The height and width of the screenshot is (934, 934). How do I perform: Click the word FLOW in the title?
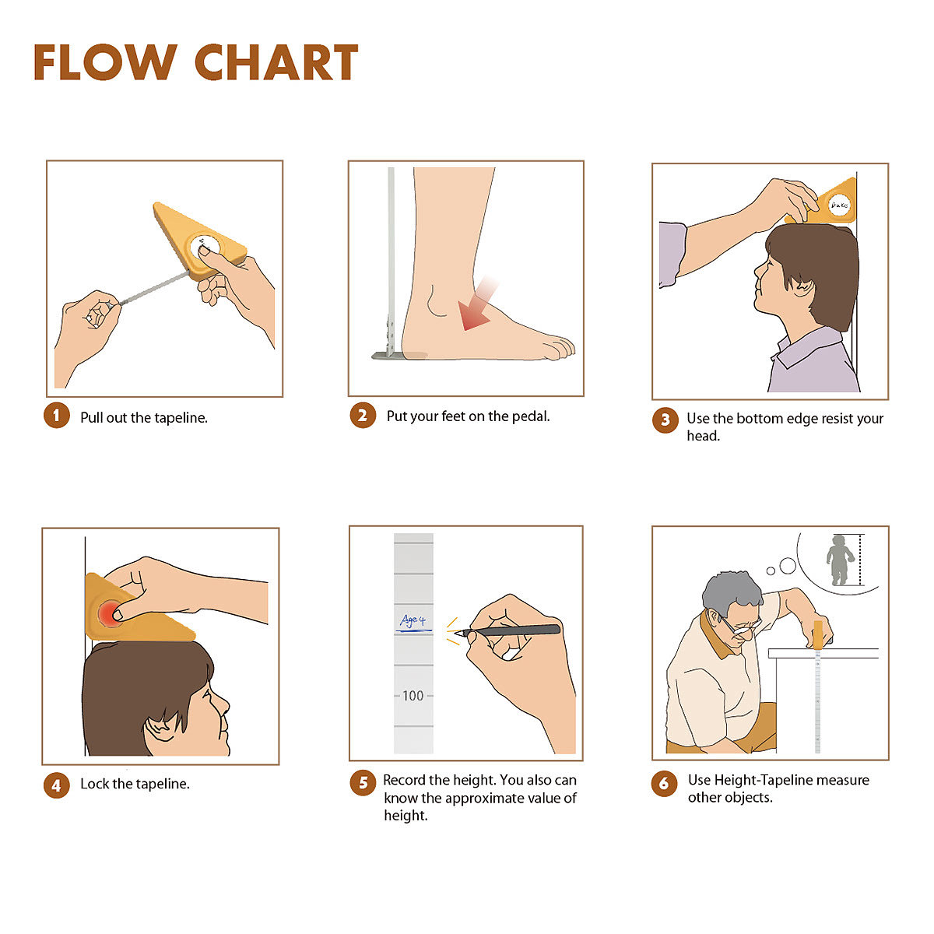pyautogui.click(x=106, y=62)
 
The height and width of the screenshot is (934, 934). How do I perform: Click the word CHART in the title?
pyautogui.click(x=276, y=62)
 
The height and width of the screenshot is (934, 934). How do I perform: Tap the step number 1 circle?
pyautogui.click(x=57, y=416)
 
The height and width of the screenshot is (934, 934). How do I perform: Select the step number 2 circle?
pyautogui.click(x=363, y=415)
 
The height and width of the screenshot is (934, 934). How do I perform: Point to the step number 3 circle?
pyautogui.click(x=665, y=420)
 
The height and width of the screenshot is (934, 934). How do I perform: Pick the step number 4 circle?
pyautogui.click(x=57, y=784)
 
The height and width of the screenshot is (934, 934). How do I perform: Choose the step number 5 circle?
pyautogui.click(x=363, y=782)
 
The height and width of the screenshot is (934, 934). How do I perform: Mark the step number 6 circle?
pyautogui.click(x=664, y=782)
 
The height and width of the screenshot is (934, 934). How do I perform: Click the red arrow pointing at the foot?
pyautogui.click(x=478, y=304)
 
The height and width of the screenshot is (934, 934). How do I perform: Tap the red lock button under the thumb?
pyautogui.click(x=110, y=613)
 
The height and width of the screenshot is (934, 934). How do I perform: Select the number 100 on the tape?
pyautogui.click(x=413, y=696)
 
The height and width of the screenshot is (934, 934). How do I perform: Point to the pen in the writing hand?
pyautogui.click(x=507, y=630)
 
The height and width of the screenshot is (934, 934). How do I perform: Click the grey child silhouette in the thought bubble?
pyautogui.click(x=838, y=560)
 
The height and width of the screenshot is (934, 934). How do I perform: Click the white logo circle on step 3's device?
pyautogui.click(x=839, y=205)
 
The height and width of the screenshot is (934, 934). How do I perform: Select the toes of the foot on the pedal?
pyautogui.click(x=559, y=347)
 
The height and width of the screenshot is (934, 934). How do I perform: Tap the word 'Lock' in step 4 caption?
pyautogui.click(x=95, y=784)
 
